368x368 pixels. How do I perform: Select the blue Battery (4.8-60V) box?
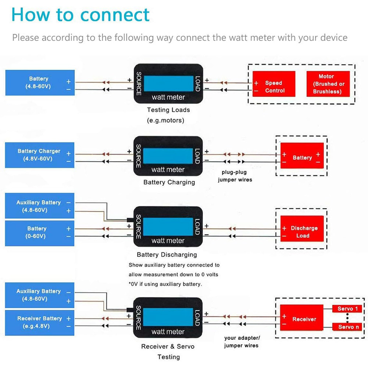pyautogui.click(x=40, y=83)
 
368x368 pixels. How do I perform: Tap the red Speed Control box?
pyautogui.click(x=274, y=86)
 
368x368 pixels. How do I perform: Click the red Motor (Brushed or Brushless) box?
pyautogui.click(x=328, y=84)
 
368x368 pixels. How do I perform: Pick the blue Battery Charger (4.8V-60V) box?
pyautogui.click(x=40, y=155)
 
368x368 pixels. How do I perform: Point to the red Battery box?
pyautogui.click(x=302, y=158)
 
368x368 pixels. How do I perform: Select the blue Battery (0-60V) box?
pyautogui.click(x=40, y=233)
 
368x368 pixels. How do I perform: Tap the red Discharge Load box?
pyautogui.click(x=302, y=232)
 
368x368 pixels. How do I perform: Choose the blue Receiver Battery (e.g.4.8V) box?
pyautogui.click(x=40, y=322)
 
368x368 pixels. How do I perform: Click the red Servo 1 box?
pyautogui.click(x=347, y=309)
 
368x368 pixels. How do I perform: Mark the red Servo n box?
pyautogui.click(x=347, y=327)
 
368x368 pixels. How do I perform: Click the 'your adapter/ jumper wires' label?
pyautogui.click(x=242, y=342)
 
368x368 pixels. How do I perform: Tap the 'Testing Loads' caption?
pyautogui.click(x=168, y=110)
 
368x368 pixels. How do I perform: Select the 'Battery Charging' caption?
pyautogui.click(x=169, y=182)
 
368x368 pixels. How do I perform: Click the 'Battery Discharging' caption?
pyautogui.click(x=167, y=255)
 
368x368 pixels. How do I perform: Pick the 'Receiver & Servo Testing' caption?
pyautogui.click(x=168, y=351)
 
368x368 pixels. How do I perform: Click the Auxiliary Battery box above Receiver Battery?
pyautogui.click(x=40, y=295)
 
